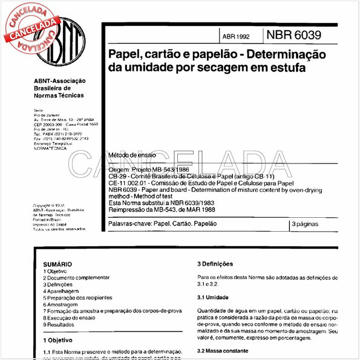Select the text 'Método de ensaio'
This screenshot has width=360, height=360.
(x=131, y=155)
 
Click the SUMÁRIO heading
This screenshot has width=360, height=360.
(x=57, y=265)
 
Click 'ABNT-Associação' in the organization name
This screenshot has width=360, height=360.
(x=59, y=81)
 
